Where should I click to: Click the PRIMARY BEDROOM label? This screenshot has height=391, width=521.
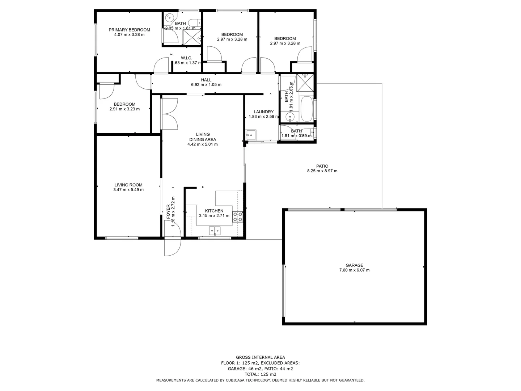point(129,30)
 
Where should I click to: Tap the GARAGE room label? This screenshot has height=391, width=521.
point(354,265)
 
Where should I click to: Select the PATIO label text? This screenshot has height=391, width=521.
point(322,166)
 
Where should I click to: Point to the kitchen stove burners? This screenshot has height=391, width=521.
point(238,216)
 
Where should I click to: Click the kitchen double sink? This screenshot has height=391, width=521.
point(215,230)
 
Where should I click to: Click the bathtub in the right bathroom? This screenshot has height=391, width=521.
point(306,109)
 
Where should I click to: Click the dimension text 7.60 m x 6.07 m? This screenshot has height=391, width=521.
point(354,270)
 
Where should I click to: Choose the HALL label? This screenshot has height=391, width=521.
point(206,80)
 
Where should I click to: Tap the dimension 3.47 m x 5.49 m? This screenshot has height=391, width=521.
point(128,190)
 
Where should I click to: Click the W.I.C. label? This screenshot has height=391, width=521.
point(186,58)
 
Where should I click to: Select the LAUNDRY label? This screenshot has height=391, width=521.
point(263,112)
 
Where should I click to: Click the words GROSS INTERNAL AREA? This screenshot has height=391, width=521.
point(260,357)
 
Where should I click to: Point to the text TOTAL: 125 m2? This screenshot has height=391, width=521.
point(260,374)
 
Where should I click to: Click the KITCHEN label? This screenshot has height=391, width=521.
point(214,211)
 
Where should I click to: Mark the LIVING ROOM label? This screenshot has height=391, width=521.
point(128,185)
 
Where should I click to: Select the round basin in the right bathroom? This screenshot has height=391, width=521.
point(290,117)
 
